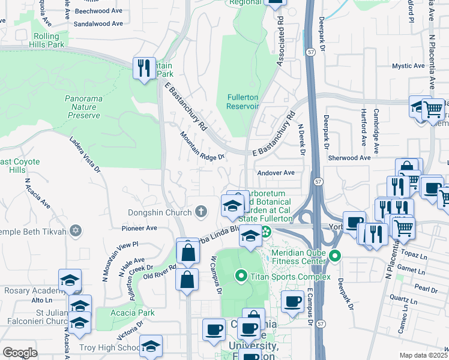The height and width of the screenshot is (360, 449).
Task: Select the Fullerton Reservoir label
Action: pos(243,101)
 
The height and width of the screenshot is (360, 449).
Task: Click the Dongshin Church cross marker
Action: pos(201,212)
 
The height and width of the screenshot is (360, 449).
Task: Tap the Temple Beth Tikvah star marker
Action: pos(75,230)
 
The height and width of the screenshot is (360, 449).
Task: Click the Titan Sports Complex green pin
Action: pos(241,276)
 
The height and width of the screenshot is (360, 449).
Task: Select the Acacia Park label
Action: pos(133,313)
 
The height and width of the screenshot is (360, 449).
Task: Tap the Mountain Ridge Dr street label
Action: pos(202,147)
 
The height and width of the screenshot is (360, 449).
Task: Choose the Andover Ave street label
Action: pos(276,173)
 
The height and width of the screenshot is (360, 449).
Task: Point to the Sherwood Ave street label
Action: pos(349,158)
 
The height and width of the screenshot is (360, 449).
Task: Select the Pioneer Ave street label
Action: pos(139,228)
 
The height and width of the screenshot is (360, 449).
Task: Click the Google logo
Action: pos(20,352)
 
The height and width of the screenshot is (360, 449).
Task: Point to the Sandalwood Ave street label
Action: pos(98,24)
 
